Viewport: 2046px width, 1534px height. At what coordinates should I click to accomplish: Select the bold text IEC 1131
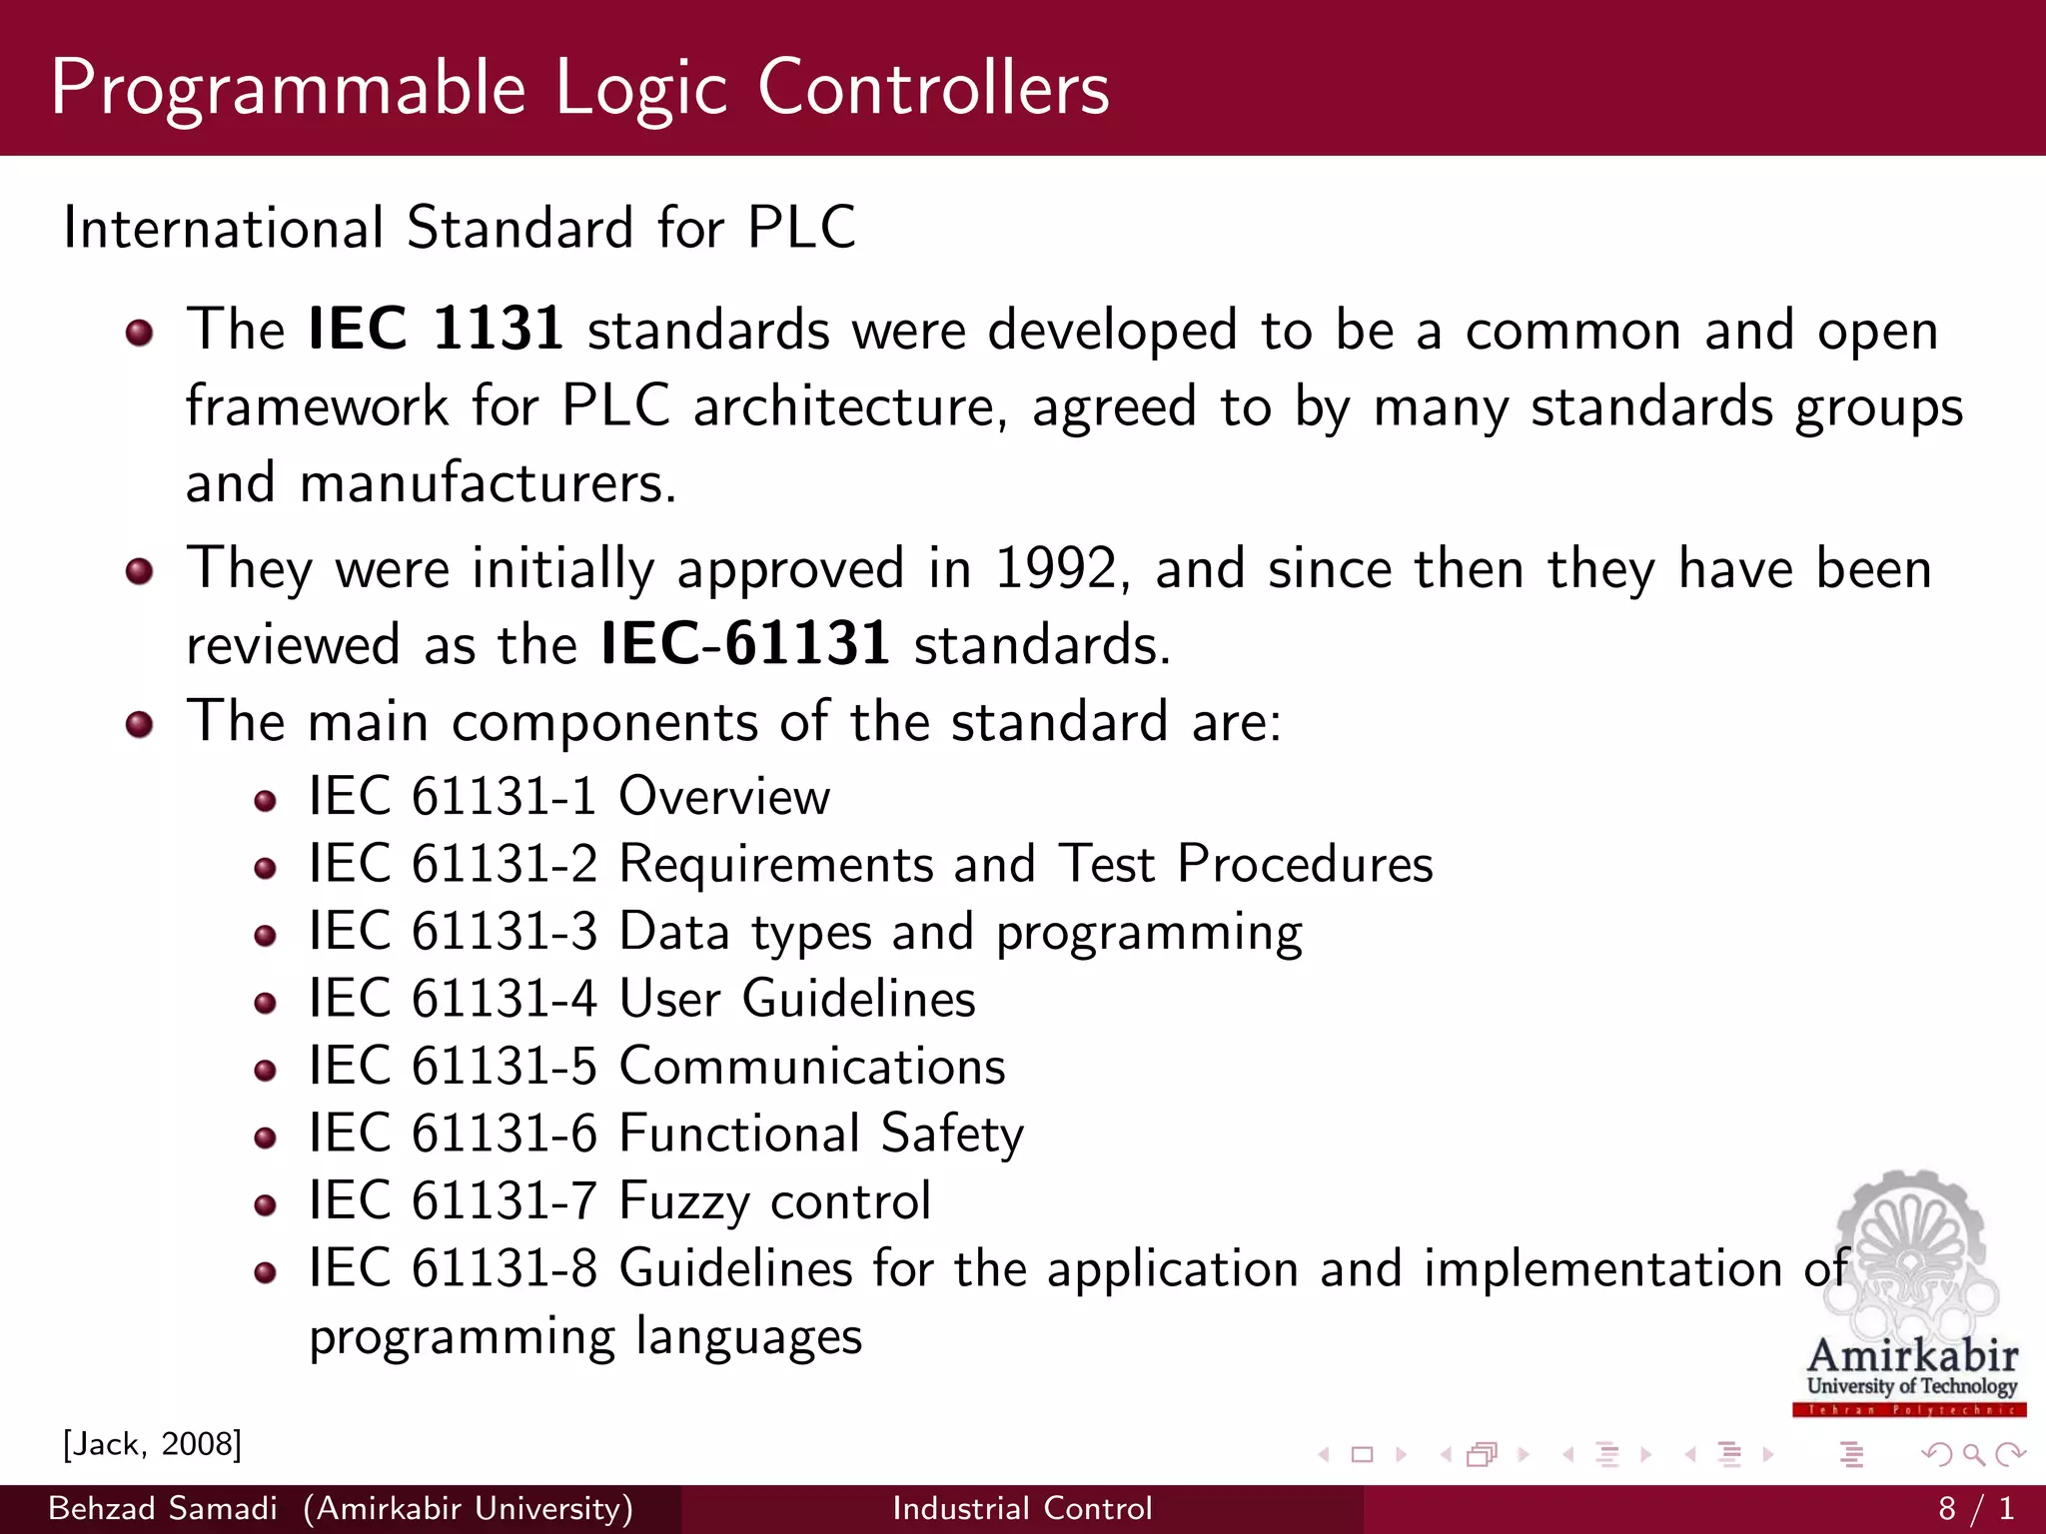click(436, 329)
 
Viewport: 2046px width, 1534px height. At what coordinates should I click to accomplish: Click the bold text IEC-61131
click(745, 644)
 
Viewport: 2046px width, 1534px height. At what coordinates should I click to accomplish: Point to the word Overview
click(724, 797)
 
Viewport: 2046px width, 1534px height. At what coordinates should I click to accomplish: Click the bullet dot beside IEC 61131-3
click(265, 936)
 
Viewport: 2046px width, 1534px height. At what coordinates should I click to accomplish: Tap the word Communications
click(812, 1067)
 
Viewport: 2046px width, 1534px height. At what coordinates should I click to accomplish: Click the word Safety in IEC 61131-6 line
click(952, 1135)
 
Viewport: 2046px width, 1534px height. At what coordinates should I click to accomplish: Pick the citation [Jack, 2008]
click(152, 1444)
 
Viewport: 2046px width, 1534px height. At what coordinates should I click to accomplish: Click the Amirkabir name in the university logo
click(1912, 1356)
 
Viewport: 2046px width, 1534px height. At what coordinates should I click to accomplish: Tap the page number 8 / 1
click(1976, 1508)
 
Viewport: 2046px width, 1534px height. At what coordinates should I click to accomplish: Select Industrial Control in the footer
click(1022, 1508)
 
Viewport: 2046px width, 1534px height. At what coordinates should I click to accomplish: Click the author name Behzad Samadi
click(163, 1508)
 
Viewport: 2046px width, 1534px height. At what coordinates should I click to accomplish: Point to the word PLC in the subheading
click(801, 228)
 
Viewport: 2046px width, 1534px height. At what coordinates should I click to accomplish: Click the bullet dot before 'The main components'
click(140, 724)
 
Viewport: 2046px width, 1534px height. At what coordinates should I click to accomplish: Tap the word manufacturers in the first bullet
click(488, 483)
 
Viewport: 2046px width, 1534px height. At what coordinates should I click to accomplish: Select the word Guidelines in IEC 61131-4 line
click(858, 999)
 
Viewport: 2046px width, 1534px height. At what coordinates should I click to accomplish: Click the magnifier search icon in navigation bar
click(1973, 1454)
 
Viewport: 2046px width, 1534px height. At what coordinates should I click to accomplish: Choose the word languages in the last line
click(748, 1336)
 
